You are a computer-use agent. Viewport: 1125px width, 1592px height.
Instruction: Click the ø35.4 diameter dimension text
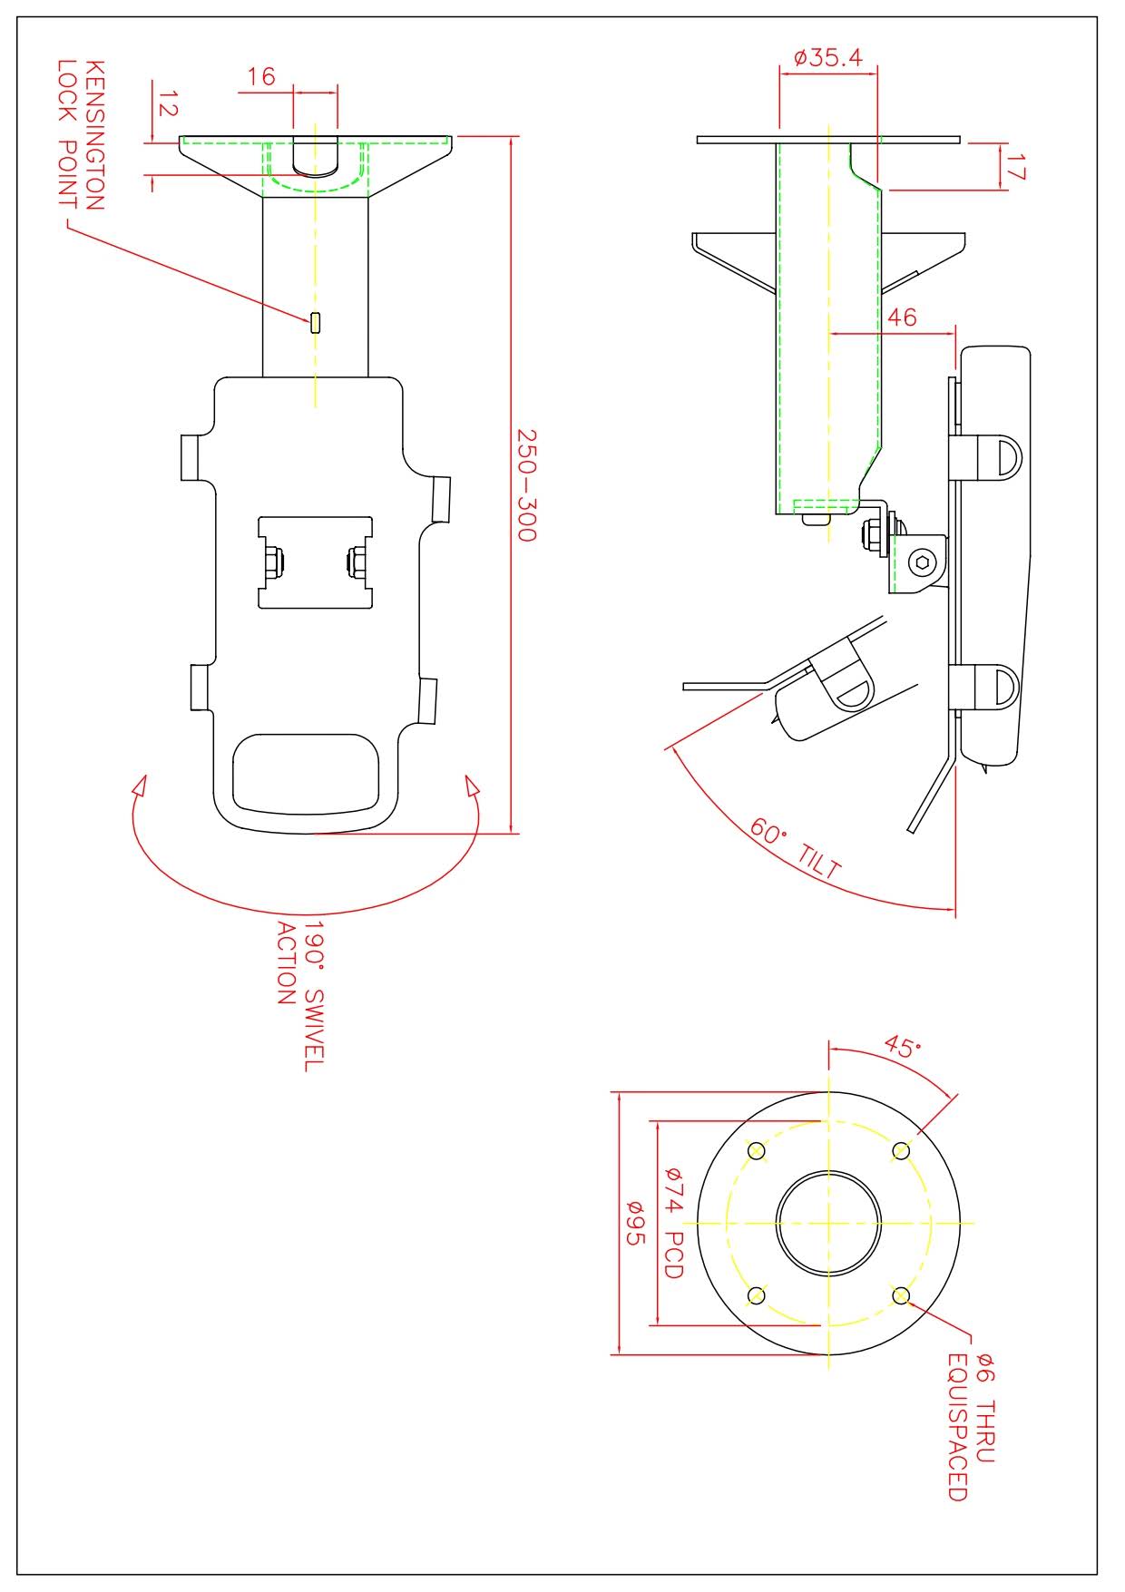pos(827,58)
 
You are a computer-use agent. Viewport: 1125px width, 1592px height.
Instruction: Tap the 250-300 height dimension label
pos(526,484)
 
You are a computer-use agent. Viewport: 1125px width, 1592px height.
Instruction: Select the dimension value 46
pos(901,317)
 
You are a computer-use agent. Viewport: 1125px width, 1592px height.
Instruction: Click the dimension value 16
pos(261,76)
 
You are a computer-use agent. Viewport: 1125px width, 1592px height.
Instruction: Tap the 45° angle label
pos(902,1049)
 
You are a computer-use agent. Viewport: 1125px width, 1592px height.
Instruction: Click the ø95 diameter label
pos(634,1223)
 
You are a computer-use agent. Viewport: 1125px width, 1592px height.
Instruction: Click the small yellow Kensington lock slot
pos(315,322)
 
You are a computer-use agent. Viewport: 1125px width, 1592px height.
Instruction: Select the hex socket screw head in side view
pos(924,562)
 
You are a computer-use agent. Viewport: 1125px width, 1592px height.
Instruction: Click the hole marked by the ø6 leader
pos(901,1295)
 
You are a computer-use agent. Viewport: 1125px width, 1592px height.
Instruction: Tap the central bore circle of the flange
pos(828,1222)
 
